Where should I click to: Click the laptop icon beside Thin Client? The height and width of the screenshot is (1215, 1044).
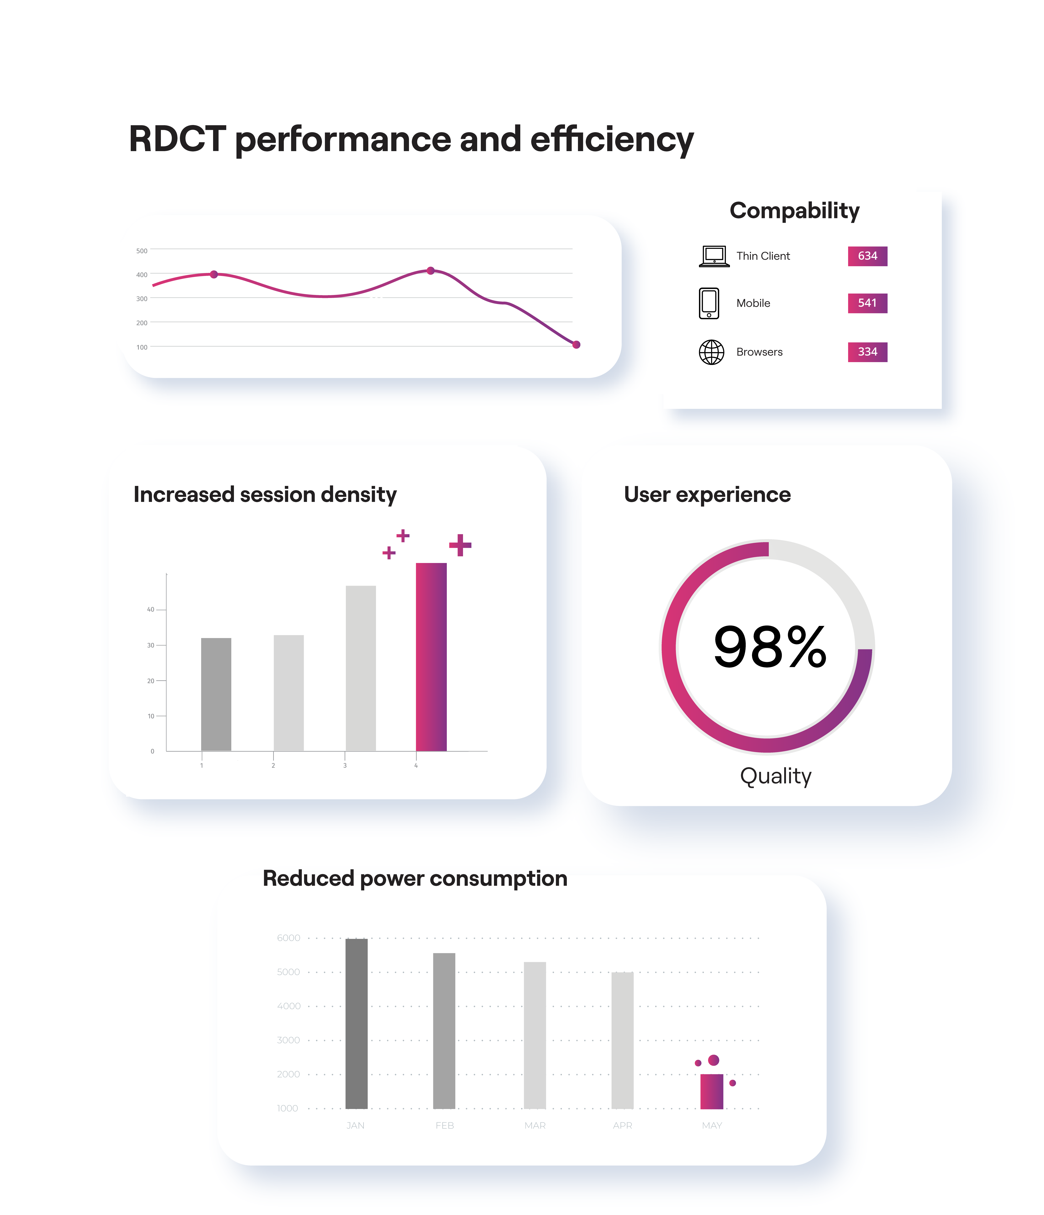pos(714,256)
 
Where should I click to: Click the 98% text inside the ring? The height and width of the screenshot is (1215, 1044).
pos(770,647)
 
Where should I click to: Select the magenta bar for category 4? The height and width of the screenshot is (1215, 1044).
pos(431,657)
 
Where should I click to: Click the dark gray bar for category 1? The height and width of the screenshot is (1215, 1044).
pos(216,694)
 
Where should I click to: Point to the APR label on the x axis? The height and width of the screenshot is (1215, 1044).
pos(622,1125)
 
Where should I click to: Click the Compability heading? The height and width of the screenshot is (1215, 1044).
pos(794,211)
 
